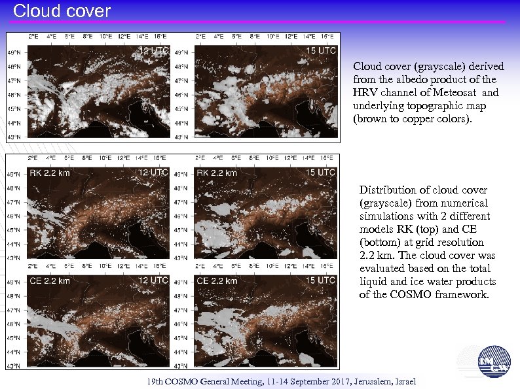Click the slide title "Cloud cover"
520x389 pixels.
[62, 11]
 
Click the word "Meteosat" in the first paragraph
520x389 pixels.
[462, 93]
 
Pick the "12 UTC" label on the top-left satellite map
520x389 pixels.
[154, 50]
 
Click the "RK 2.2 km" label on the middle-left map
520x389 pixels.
[50, 173]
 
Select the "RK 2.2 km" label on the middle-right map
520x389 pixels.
[217, 173]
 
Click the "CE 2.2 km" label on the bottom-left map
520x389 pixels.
[50, 280]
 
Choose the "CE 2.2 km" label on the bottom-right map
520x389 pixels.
[217, 280]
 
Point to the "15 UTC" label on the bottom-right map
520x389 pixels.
[320, 280]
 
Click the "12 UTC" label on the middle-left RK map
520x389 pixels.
[154, 173]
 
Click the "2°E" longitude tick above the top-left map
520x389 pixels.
[33, 36]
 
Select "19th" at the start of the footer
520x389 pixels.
[156, 381]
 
